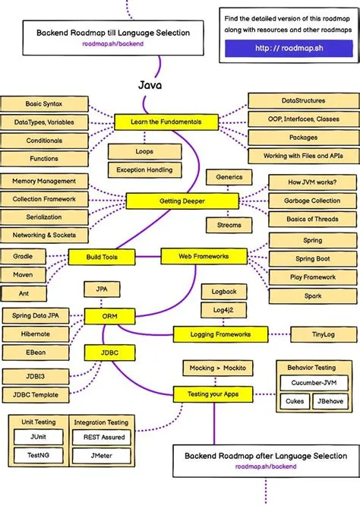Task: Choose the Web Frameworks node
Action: [x=203, y=257]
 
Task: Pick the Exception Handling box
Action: [x=145, y=169]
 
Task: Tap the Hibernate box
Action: [x=36, y=334]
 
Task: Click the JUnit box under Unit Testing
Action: [x=37, y=437]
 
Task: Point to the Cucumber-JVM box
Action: [x=308, y=384]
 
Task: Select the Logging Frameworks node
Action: [x=220, y=334]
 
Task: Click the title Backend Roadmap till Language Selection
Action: [x=113, y=33]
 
